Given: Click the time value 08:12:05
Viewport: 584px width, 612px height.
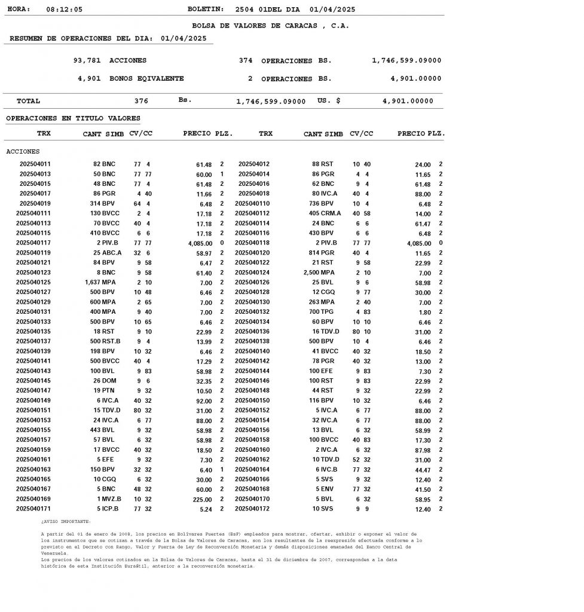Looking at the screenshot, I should click(x=64, y=10).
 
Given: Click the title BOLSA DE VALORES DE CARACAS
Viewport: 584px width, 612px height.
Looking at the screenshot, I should click(x=270, y=26).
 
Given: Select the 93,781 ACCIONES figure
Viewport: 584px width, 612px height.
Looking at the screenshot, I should click(x=109, y=61).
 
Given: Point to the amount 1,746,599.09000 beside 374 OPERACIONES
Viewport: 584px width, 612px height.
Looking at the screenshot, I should click(x=406, y=61).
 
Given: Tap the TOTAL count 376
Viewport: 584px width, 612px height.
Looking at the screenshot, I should click(x=141, y=102).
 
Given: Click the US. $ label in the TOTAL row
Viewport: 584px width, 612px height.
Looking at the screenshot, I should click(x=329, y=101).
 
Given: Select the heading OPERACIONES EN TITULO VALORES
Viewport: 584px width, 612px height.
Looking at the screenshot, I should click(x=73, y=119).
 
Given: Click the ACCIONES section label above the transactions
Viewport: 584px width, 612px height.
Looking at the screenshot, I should click(x=23, y=152).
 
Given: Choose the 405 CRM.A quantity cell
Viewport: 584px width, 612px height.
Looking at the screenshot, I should click(x=325, y=214).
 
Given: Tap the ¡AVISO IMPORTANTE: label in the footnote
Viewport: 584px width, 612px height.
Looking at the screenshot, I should click(x=66, y=522).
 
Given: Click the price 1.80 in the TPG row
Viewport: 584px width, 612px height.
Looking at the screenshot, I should click(x=423, y=313).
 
